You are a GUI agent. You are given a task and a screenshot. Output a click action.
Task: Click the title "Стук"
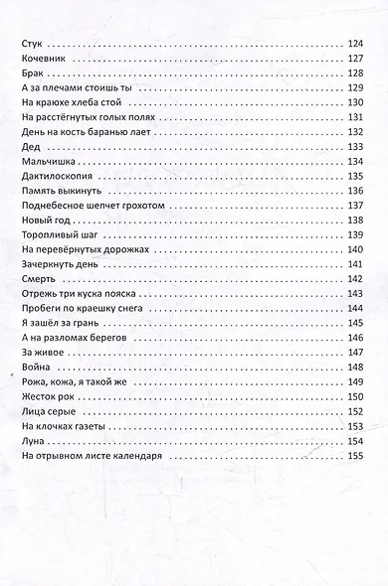click(x=33, y=43)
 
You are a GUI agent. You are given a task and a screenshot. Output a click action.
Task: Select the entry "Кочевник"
click(x=44, y=58)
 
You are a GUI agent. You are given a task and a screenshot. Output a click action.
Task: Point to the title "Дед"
click(x=30, y=147)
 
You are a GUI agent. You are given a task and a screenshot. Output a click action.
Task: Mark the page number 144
click(x=355, y=310)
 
